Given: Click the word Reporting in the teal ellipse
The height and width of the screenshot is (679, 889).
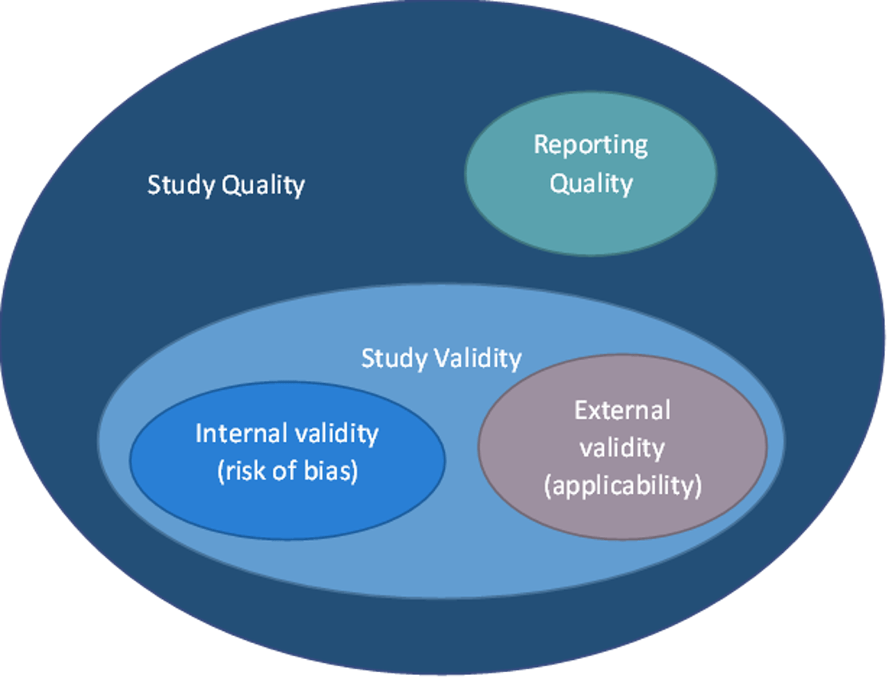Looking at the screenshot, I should pyautogui.click(x=591, y=145).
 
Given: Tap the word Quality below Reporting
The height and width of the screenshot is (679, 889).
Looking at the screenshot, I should pyautogui.click(x=591, y=184).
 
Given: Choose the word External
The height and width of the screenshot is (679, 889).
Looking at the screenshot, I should pyautogui.click(x=622, y=410).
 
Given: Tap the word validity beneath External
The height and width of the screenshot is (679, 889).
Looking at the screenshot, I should pyautogui.click(x=622, y=448).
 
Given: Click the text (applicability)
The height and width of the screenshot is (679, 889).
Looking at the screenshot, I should pyautogui.click(x=622, y=485).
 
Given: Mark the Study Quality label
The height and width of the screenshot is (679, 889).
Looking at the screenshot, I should pyautogui.click(x=226, y=185).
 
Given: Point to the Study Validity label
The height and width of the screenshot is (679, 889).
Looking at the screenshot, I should pyautogui.click(x=441, y=358).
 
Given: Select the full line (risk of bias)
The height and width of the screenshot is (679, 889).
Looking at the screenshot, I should pyautogui.click(x=287, y=471).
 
